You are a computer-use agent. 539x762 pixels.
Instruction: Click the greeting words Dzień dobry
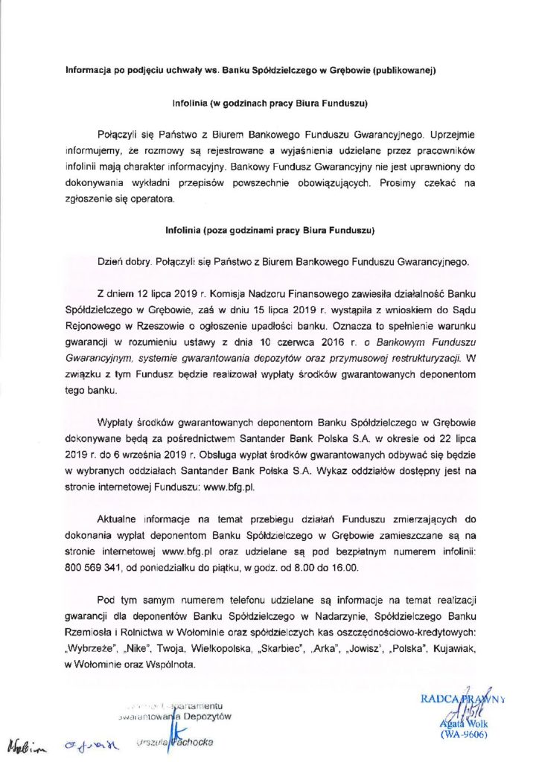122,262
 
